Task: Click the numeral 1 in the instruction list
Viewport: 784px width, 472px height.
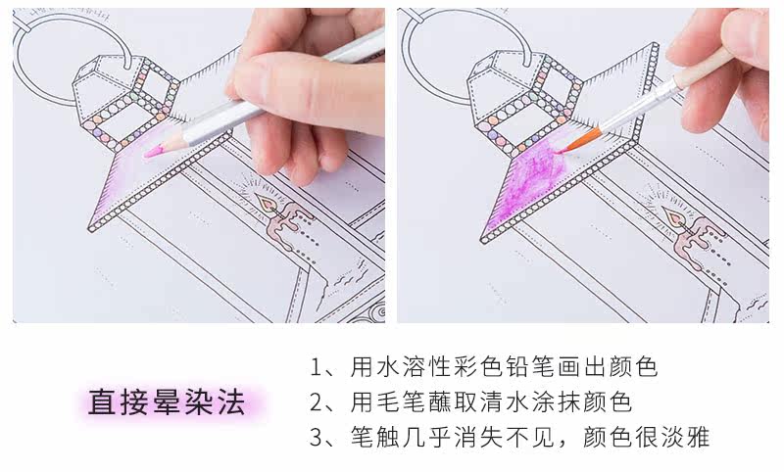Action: [x=317, y=369]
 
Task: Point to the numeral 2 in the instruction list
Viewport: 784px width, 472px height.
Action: [x=317, y=402]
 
